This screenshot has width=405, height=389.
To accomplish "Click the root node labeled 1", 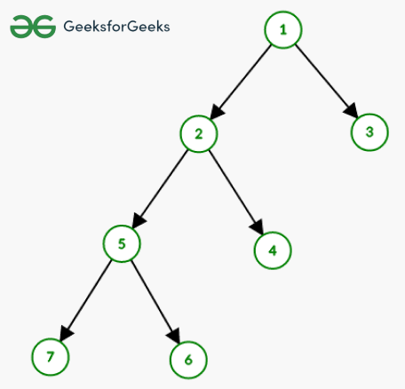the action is [x=283, y=29].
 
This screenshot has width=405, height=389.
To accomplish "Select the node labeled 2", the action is [x=199, y=134].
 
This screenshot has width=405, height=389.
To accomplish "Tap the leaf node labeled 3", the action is [x=369, y=132].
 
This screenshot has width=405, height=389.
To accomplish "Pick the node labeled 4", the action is [x=273, y=250].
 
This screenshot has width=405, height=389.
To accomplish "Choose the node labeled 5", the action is [x=122, y=243].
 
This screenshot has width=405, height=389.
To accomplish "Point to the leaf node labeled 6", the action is [x=188, y=360].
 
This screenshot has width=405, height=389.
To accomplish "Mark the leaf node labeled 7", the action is [x=51, y=357].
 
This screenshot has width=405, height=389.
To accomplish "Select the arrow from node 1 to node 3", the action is [x=327, y=81].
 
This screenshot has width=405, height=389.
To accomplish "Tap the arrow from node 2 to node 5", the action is [x=160, y=189].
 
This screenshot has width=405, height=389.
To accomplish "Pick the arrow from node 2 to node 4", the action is [x=236, y=193].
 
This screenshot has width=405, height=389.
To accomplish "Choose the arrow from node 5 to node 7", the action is [x=85, y=301].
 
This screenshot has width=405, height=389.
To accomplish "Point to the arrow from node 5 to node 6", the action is [x=155, y=302].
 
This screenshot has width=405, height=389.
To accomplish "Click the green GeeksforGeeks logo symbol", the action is [x=33, y=27].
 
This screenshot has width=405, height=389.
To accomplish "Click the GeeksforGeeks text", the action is [x=116, y=27].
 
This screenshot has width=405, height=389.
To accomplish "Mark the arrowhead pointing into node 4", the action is [x=258, y=228].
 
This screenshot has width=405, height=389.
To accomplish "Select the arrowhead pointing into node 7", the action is [x=66, y=334].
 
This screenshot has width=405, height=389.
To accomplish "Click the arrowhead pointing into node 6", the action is [x=174, y=337].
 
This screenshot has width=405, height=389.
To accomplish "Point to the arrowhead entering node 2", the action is [x=217, y=112].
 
